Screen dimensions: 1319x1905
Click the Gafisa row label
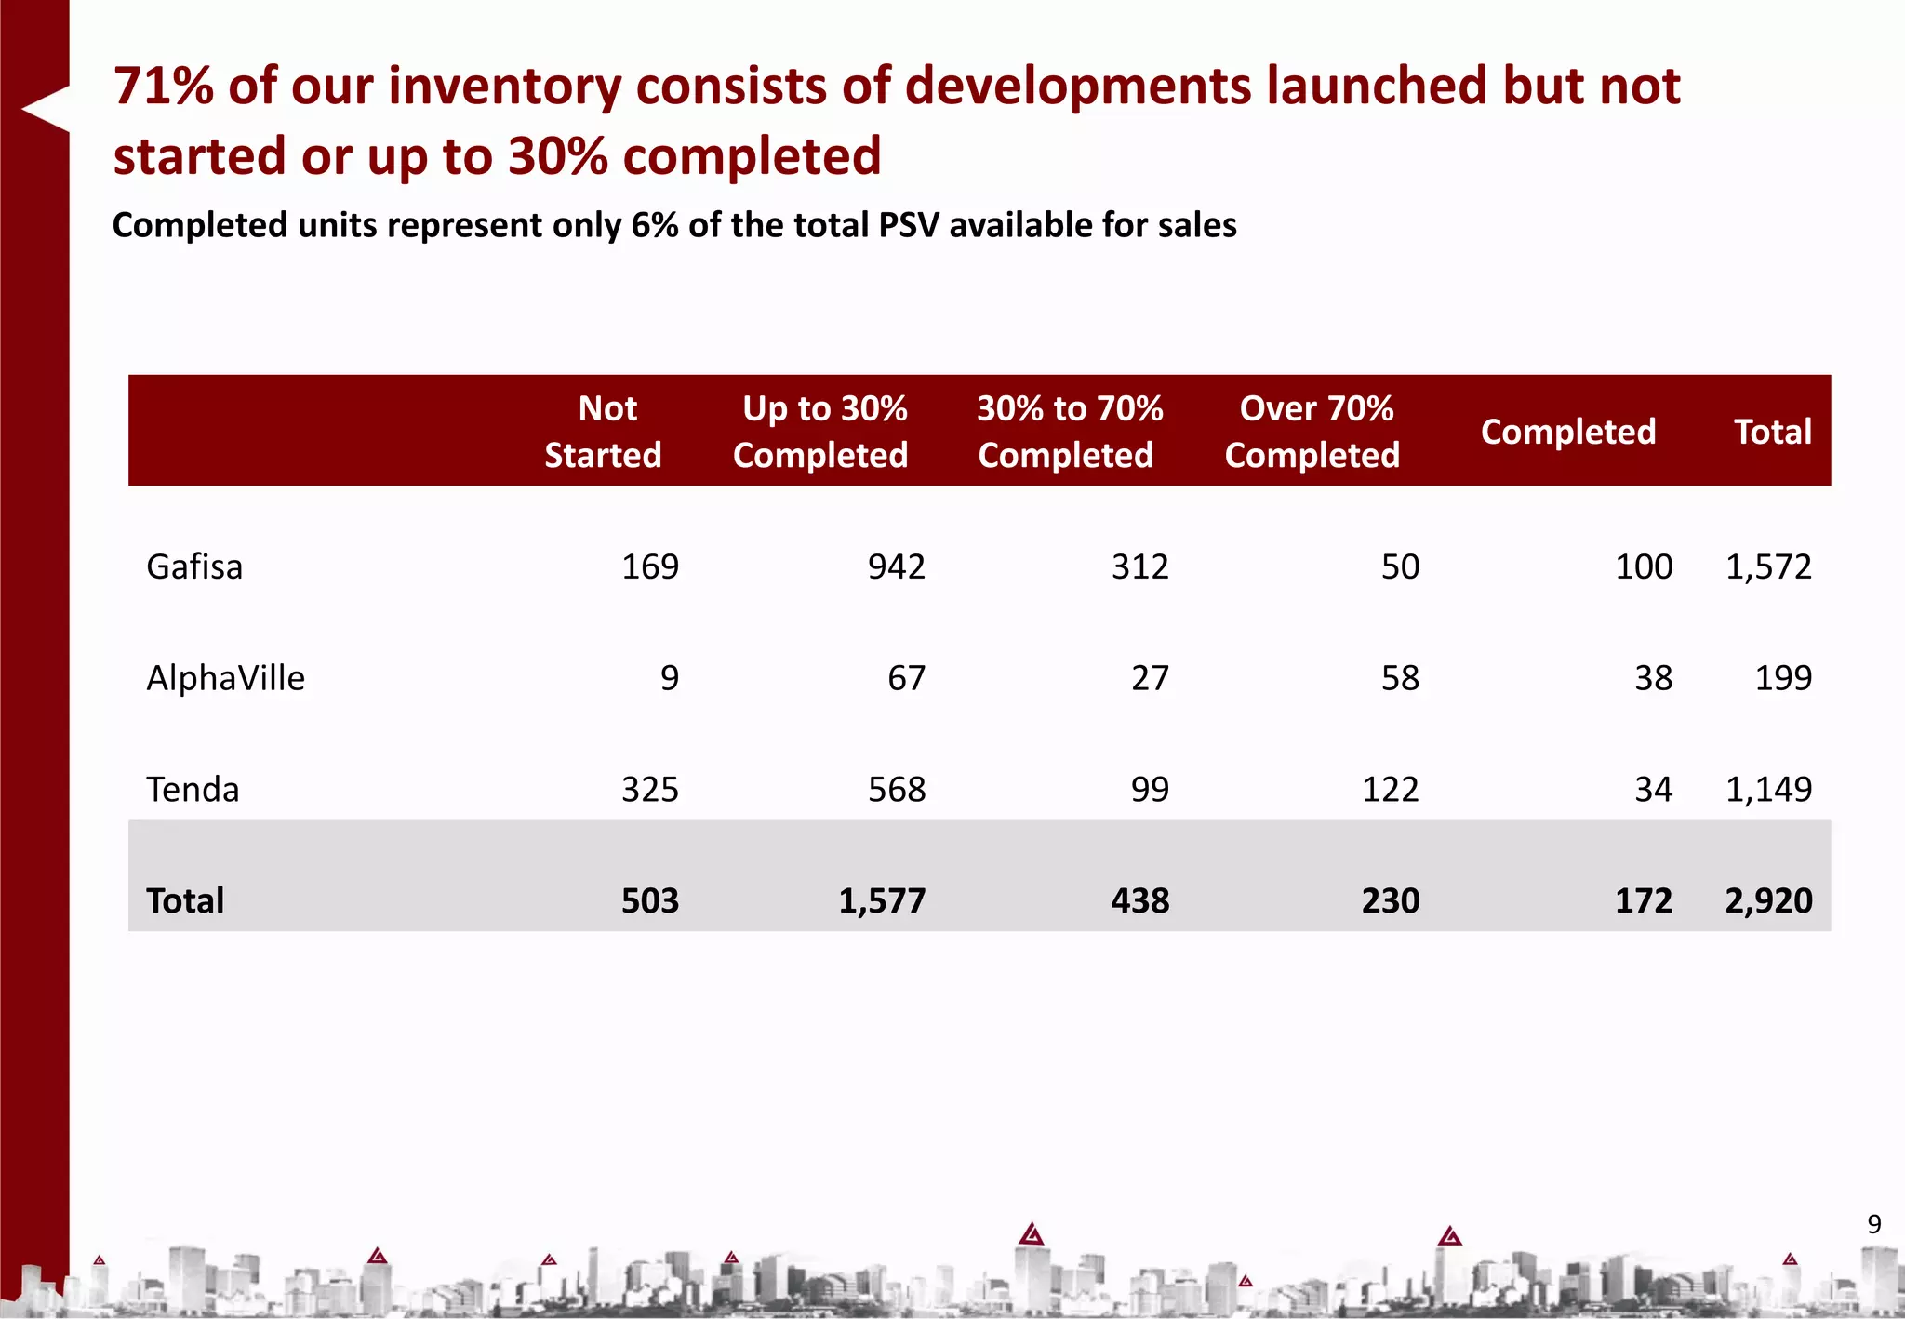click(194, 566)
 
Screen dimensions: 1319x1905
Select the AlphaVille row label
click(225, 678)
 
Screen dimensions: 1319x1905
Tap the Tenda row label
click(193, 790)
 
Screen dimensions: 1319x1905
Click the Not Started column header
click(604, 432)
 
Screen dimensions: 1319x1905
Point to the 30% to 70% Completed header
click(1068, 432)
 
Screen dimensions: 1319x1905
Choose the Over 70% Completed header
click(1312, 432)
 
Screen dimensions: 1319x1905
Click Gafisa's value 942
click(897, 566)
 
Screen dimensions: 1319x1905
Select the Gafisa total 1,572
click(1768, 566)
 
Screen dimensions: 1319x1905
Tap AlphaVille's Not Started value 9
click(670, 678)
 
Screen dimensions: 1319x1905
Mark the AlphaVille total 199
click(1783, 678)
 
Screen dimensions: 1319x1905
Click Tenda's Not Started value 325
click(650, 790)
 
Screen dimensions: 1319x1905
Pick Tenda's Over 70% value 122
click(1391, 790)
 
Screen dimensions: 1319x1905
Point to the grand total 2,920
click(1768, 900)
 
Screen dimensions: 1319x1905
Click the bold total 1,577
click(882, 900)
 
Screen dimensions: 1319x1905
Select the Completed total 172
click(1644, 900)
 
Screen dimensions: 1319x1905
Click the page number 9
click(1874, 1224)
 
